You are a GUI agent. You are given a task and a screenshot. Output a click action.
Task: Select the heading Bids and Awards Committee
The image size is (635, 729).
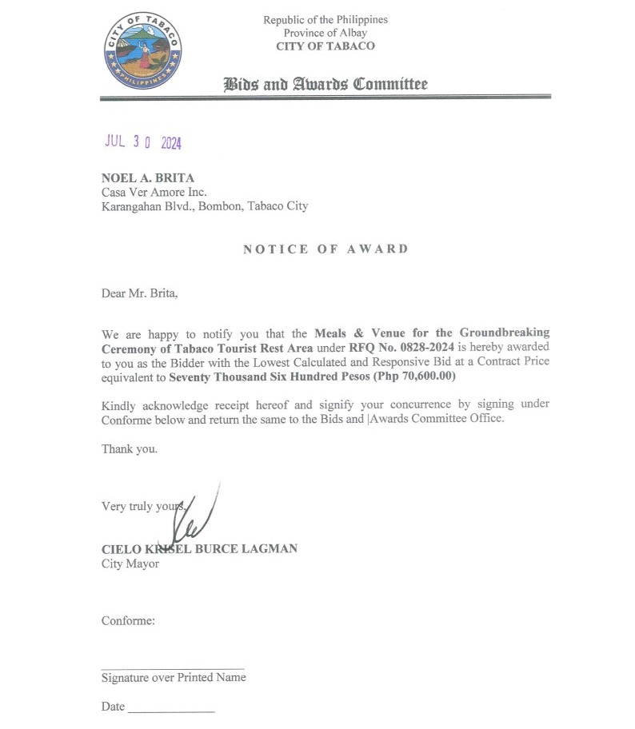pos(325,84)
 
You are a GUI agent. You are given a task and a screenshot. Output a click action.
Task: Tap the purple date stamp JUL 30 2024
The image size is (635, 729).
pos(143,142)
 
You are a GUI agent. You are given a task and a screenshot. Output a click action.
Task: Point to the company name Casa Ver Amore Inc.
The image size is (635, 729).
pos(154,192)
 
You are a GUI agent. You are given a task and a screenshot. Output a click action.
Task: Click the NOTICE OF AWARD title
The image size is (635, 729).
pos(325,249)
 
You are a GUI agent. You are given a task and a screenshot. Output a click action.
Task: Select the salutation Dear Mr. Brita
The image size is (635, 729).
pos(139,293)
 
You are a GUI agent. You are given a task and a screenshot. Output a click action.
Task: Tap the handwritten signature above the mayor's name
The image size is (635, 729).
pos(192,516)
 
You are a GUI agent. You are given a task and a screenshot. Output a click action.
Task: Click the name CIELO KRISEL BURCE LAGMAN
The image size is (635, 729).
pos(199,549)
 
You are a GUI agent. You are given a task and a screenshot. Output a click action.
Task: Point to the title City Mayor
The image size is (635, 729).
pos(130,564)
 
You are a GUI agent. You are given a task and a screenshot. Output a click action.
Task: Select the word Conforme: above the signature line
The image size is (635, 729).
pos(128,620)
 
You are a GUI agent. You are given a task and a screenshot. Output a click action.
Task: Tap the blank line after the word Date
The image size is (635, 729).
pos(170,711)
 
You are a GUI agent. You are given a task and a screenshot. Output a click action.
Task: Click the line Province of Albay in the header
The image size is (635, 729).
pos(325,33)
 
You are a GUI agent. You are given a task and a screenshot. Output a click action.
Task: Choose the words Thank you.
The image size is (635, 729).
pos(129,448)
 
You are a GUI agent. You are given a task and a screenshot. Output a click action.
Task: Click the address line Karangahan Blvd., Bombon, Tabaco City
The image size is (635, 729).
pos(204,205)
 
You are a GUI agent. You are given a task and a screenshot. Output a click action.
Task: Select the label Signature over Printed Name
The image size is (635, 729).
pos(174,678)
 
